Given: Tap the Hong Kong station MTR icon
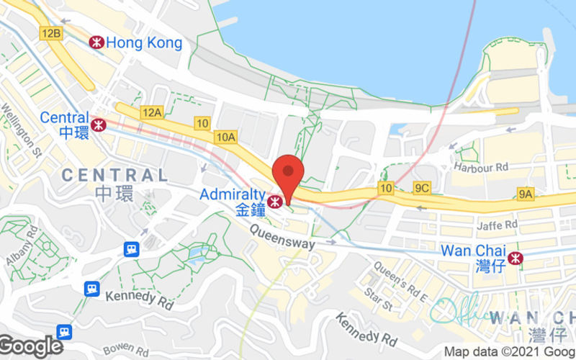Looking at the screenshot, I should (96, 42).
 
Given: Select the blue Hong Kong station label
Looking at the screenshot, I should (144, 43).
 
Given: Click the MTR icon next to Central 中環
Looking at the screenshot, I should (99, 125).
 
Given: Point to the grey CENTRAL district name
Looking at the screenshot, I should (114, 175).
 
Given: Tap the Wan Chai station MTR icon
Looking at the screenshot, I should (515, 258).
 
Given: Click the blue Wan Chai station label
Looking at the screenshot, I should (472, 252).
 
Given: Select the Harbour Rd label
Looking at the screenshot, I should (480, 167).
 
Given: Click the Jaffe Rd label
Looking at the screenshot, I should (497, 225).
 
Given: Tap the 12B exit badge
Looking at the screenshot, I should (51, 33).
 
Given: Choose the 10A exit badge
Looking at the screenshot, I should (225, 136).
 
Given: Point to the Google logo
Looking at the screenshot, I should (31, 346).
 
